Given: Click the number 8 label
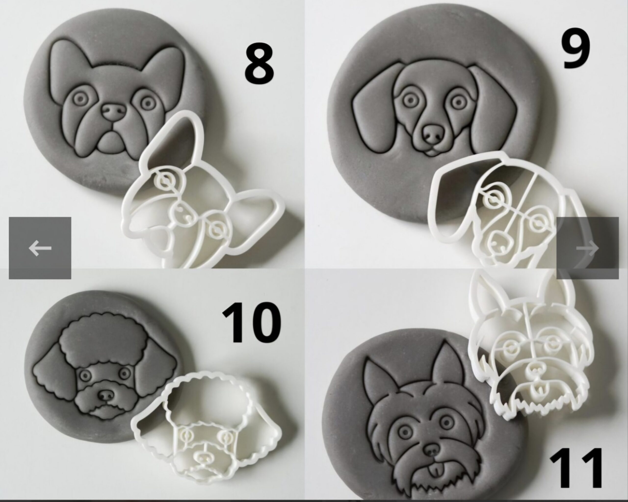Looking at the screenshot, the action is (x=259, y=64).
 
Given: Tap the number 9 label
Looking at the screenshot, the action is (x=576, y=49).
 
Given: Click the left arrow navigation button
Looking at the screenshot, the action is (x=40, y=248).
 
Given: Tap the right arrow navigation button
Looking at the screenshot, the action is (x=588, y=248).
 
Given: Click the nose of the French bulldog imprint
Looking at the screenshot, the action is (x=114, y=112).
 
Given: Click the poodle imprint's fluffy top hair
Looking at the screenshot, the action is (x=99, y=338).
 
